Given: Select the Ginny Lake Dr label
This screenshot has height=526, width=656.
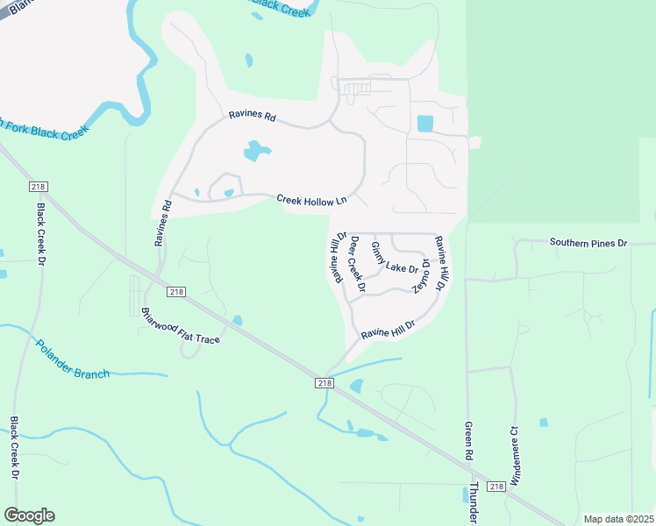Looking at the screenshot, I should [395, 257].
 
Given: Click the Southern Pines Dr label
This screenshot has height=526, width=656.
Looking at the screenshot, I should [588, 242].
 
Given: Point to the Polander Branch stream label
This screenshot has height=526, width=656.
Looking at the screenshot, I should [73, 359].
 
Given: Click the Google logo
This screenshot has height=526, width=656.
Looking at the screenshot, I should [29, 515].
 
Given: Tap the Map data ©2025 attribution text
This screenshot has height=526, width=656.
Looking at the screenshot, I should [618, 519].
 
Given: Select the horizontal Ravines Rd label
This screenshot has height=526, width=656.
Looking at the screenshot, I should [253, 116].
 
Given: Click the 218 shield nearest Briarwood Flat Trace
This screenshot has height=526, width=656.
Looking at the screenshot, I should [175, 292].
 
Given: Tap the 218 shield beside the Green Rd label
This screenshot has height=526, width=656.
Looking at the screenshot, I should [496, 487].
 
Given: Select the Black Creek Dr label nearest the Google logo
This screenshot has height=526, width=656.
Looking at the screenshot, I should [15, 448].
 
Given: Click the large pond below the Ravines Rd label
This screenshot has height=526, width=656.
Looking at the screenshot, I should [253, 151].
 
